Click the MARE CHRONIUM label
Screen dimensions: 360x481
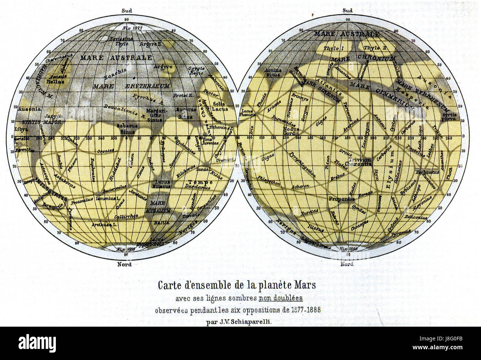point(363,59)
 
